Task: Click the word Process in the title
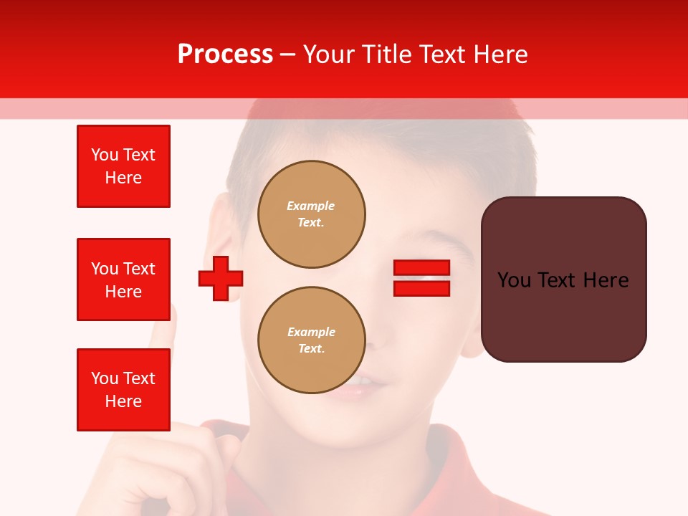[x=225, y=54]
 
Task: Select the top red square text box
[x=123, y=166]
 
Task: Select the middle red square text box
[x=123, y=279]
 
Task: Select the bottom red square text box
[x=123, y=390]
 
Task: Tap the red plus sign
[x=221, y=278]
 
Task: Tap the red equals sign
[x=421, y=278]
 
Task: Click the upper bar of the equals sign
[x=421, y=268]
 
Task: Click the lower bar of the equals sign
[x=421, y=288]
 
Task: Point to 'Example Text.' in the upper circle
[x=311, y=214]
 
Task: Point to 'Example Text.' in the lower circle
[x=311, y=340]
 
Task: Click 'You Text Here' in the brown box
[x=563, y=279]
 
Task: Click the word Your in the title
[x=330, y=54]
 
